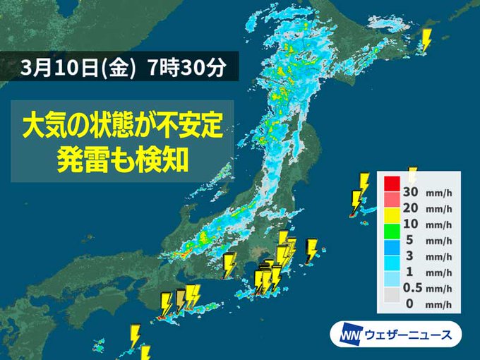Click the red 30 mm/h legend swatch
pos(392,184)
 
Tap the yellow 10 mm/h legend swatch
pos(392,224)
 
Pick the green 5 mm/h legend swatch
pos(392,244)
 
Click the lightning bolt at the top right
pos(426,40)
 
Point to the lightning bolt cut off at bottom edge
pos(145,353)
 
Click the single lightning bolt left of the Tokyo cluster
pos(229,265)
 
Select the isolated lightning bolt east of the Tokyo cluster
pos(311,249)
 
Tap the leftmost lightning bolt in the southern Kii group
pos(166,304)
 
